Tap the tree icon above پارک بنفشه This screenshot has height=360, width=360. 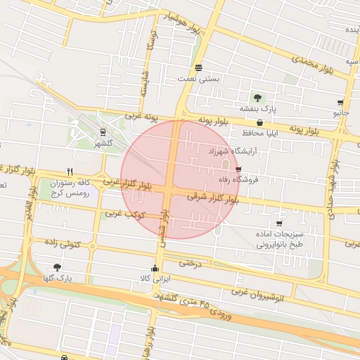[x=258, y=98]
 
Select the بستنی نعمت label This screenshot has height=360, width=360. [x=200, y=79]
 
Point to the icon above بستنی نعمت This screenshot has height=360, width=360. [x=199, y=68]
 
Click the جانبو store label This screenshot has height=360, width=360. [x=340, y=112]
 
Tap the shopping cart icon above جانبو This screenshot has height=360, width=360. [x=340, y=101]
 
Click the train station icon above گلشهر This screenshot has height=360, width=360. [x=103, y=131]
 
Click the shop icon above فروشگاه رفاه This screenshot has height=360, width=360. [x=238, y=169]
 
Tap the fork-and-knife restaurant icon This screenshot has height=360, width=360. [x=69, y=171]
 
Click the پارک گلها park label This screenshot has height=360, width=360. [x=57, y=278]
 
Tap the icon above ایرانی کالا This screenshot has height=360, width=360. [x=155, y=268]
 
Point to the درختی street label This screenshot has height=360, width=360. [x=191, y=264]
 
